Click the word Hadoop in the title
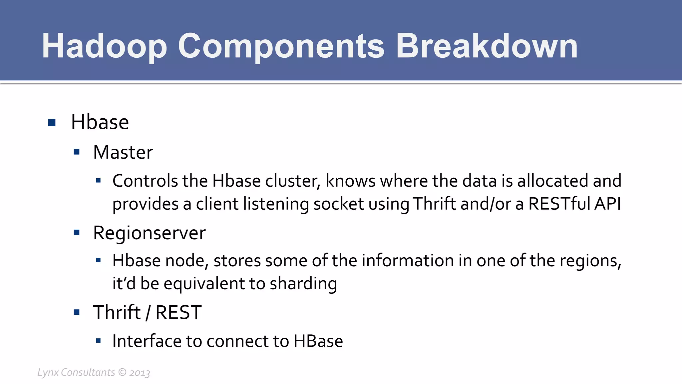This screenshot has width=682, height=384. (x=104, y=47)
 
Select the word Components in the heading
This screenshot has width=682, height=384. (x=281, y=47)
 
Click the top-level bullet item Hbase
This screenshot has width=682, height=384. (x=100, y=122)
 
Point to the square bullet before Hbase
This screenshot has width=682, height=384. (x=52, y=123)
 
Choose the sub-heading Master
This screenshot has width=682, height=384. (x=123, y=153)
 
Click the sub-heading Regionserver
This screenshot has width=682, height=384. (x=149, y=233)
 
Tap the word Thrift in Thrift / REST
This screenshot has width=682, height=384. (x=117, y=313)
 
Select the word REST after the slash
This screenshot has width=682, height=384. (x=178, y=313)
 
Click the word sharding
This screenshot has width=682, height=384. (x=303, y=284)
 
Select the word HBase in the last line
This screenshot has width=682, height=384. (x=318, y=341)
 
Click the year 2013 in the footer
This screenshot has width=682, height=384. (x=140, y=373)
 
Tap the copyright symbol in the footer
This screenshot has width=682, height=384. (x=123, y=372)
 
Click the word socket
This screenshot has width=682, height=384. (x=338, y=204)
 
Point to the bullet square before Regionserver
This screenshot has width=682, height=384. (x=77, y=233)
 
